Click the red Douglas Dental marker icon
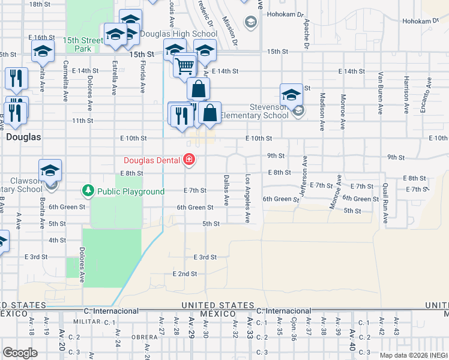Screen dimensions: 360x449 pyautogui.click(x=189, y=159)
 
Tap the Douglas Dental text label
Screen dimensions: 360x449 pyautogui.click(x=154, y=160)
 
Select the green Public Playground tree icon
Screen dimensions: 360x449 pyautogui.click(x=88, y=191)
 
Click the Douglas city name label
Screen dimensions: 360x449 pyautogui.click(x=23, y=137)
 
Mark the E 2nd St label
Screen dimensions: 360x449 pyautogui.click(x=184, y=274)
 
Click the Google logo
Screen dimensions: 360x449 pyautogui.click(x=20, y=352)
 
